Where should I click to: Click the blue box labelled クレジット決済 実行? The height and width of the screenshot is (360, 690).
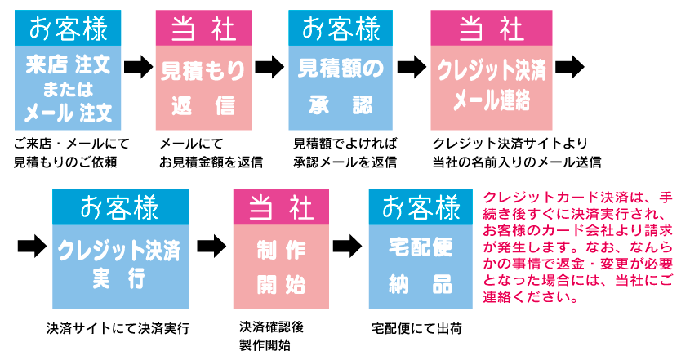tap(119, 265)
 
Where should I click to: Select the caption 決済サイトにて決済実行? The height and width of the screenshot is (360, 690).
tap(118, 329)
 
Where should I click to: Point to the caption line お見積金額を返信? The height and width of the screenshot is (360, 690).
tap(211, 161)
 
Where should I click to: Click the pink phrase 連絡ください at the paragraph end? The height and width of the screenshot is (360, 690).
tap(531, 296)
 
